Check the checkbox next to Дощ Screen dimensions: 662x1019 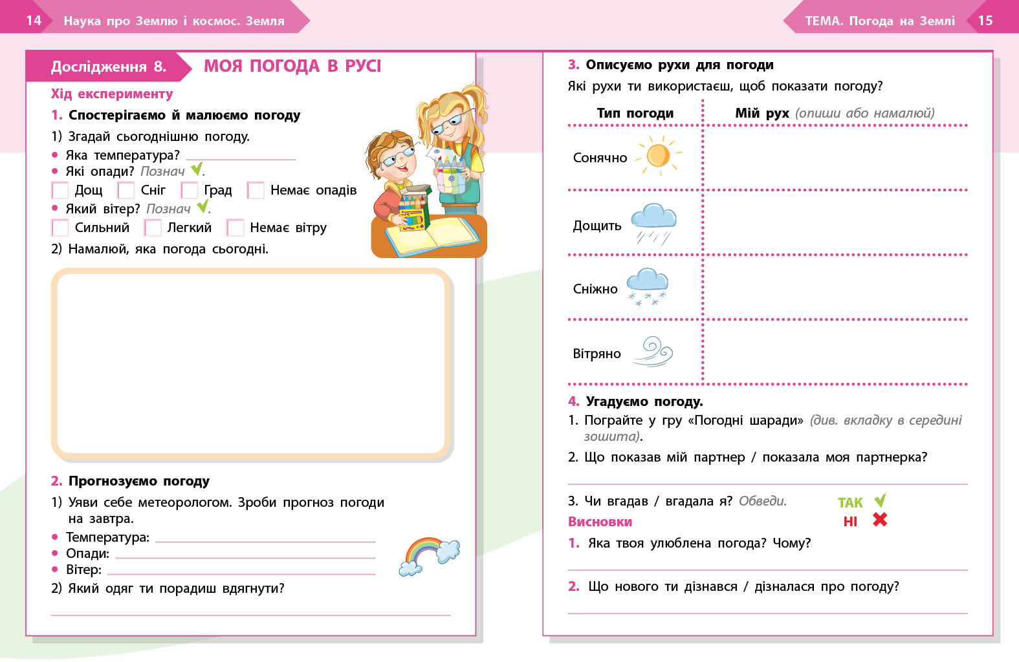click(x=60, y=191)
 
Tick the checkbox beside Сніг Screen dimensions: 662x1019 click(x=126, y=191)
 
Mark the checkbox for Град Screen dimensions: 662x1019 click(x=190, y=191)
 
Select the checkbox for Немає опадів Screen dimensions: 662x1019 click(x=256, y=191)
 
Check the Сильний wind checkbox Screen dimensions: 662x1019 click(x=60, y=228)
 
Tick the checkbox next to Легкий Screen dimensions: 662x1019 click(x=153, y=228)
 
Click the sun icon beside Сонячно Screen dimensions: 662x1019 click(x=659, y=156)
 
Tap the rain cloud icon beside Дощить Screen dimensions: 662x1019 click(x=653, y=224)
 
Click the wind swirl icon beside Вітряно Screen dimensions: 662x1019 click(x=653, y=352)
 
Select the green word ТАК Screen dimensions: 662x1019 click(x=850, y=503)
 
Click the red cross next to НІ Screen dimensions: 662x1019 click(x=880, y=520)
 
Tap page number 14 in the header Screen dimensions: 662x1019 click(x=34, y=21)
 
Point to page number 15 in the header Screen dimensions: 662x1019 click(x=985, y=21)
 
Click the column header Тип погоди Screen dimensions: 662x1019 click(x=635, y=113)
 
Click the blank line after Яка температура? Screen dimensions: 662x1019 click(x=241, y=156)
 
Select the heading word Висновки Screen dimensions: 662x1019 click(x=600, y=522)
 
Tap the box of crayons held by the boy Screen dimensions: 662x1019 click(x=412, y=210)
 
